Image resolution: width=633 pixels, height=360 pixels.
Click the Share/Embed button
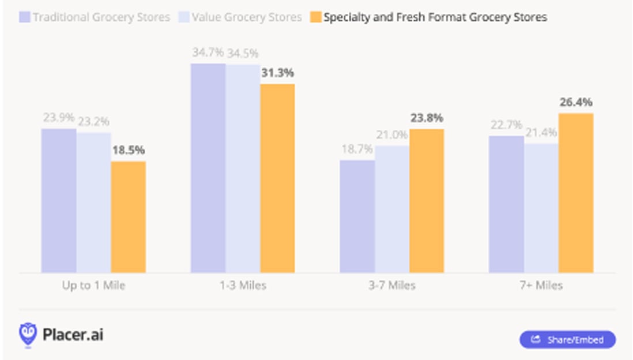point(567,339)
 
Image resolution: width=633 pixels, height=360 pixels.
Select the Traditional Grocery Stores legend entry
point(95,17)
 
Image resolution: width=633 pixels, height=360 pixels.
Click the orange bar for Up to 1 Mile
point(128,217)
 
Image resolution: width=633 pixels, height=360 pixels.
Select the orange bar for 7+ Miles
point(575,193)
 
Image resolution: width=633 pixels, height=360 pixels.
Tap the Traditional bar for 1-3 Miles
point(208,168)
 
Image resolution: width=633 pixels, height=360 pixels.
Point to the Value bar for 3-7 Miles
point(392,209)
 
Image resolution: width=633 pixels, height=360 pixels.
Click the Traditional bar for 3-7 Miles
point(357,216)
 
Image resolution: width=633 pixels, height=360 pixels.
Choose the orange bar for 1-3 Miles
point(277,178)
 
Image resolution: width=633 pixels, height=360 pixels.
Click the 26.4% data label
point(575,102)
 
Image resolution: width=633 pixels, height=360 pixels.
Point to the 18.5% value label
point(128,150)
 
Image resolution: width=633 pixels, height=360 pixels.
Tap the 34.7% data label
point(208,52)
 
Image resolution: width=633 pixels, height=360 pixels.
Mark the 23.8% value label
point(427,118)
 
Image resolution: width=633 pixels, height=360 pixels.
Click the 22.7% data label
point(506,125)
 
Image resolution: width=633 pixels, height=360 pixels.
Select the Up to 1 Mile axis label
point(93,285)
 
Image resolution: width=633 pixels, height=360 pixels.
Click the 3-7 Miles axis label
point(392,285)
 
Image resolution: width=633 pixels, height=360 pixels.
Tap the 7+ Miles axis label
point(540,285)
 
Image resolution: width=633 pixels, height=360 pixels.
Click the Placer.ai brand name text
point(73,335)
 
